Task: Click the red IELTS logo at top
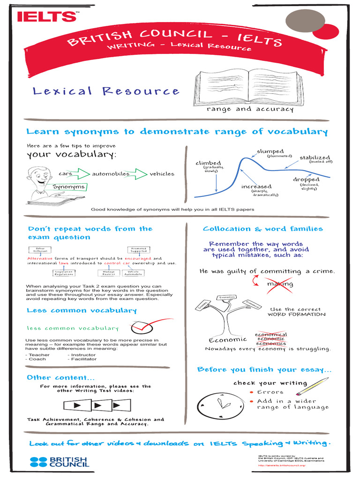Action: (46, 16)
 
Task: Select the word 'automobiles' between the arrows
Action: (111, 174)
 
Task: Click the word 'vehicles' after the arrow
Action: (162, 174)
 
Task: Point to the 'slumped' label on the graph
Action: (270, 151)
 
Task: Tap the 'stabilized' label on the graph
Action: (315, 157)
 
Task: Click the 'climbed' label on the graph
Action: (208, 163)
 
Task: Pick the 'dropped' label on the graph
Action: (306, 179)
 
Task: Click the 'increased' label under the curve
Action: (256, 186)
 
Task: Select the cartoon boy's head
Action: (39, 176)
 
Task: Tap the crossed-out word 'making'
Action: (280, 284)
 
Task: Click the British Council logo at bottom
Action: (59, 462)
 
